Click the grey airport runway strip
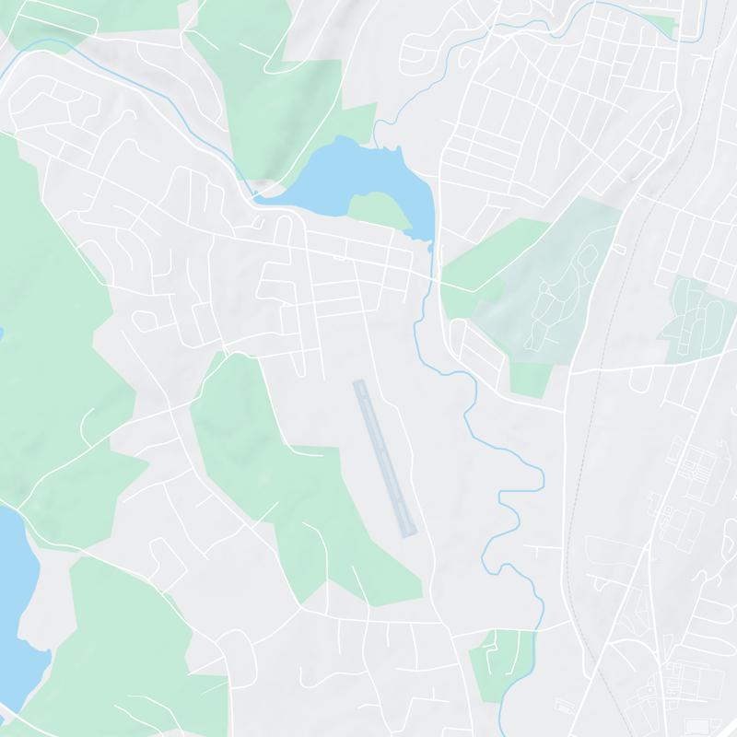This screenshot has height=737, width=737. point(385,458)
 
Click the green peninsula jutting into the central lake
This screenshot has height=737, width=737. point(378,207)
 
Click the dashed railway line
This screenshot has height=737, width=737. point(583,461)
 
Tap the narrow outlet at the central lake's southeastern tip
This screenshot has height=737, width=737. point(429,243)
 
